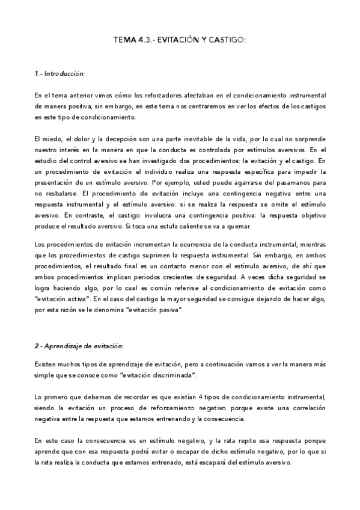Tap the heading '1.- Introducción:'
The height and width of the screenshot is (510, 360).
[x=59, y=73]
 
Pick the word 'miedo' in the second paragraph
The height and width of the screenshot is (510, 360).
[x=52, y=139]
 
